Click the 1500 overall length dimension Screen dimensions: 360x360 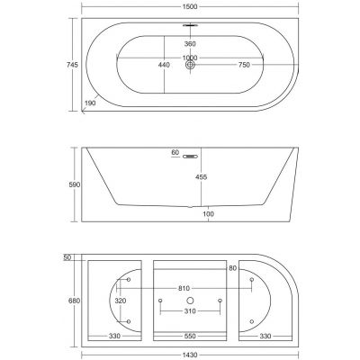tap(189, 6)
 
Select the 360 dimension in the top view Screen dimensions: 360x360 tap(189, 42)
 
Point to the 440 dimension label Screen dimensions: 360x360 tap(165, 65)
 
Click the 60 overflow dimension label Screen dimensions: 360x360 tap(175, 153)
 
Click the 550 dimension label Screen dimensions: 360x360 tap(189, 337)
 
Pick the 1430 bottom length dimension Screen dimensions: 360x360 tap(189, 355)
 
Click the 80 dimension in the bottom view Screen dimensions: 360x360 tap(233, 267)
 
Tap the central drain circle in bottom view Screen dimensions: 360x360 tap(189, 298)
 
